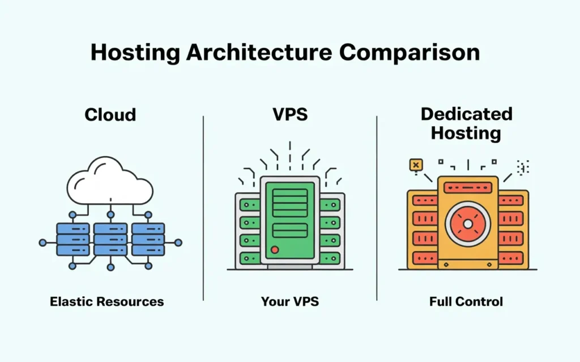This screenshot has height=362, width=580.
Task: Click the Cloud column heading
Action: (x=110, y=115)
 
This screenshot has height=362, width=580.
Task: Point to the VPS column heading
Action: (x=289, y=114)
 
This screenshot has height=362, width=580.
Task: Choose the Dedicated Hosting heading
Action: (x=466, y=123)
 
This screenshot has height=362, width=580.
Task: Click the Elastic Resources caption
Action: (x=107, y=301)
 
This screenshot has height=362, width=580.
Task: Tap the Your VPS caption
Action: (x=290, y=301)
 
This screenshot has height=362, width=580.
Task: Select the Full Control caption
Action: (x=466, y=301)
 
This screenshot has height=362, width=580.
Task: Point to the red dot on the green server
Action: (x=275, y=249)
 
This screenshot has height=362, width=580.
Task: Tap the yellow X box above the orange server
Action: (x=416, y=165)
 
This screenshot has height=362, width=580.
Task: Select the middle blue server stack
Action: (x=110, y=239)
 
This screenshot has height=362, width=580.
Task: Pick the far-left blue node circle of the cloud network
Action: (x=42, y=243)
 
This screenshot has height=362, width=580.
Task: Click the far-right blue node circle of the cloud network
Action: (x=178, y=243)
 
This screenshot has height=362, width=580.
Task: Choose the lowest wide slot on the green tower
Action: (x=290, y=230)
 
